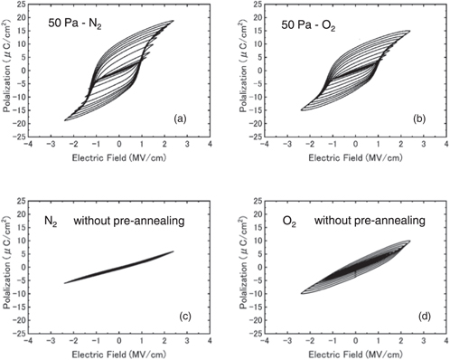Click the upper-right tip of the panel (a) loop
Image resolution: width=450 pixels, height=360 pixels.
173,22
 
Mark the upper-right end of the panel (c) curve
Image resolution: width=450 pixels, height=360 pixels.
173,251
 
